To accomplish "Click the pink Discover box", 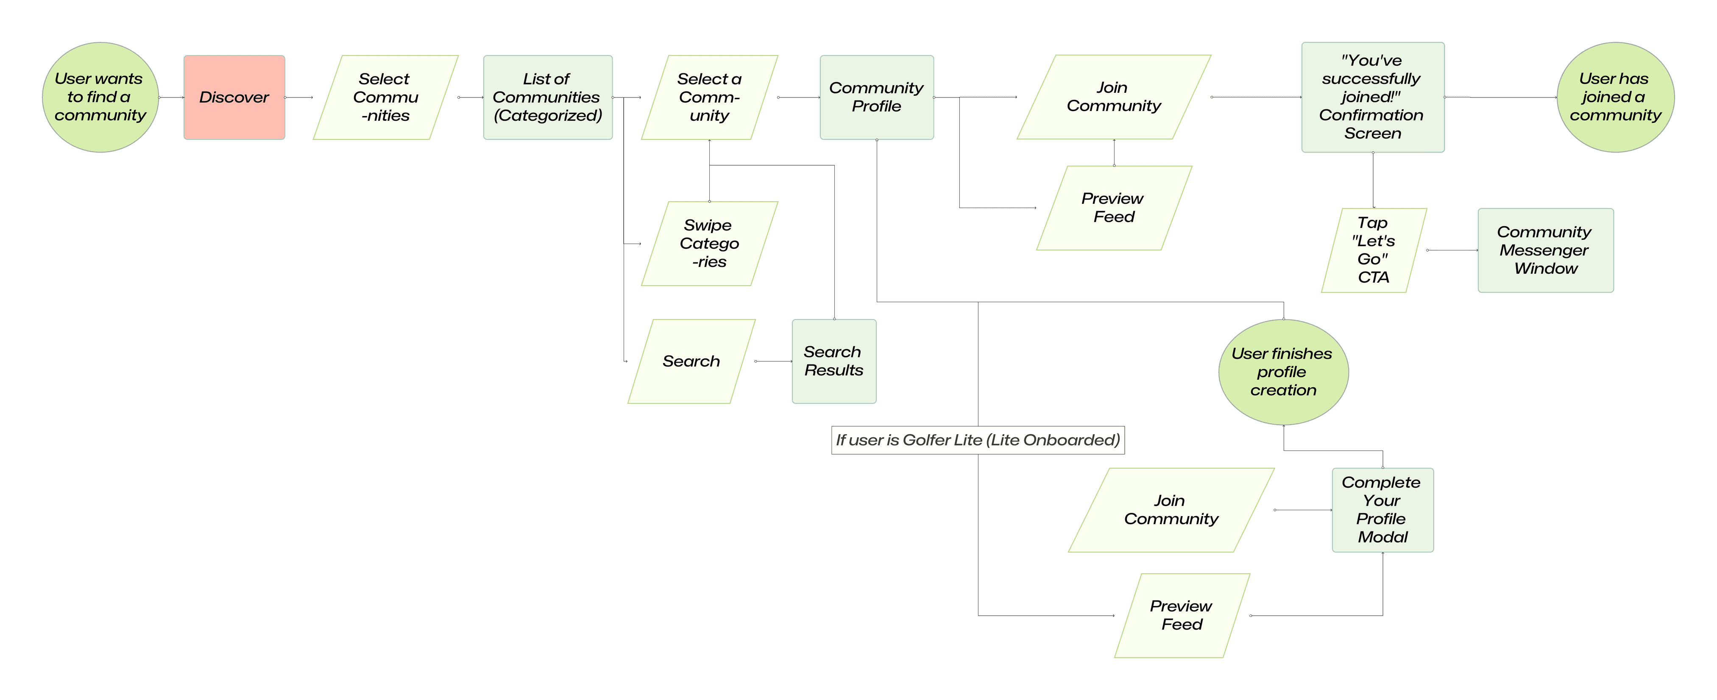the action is click(234, 97).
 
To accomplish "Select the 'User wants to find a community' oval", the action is click(100, 97).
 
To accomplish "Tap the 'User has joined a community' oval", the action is click(1615, 97).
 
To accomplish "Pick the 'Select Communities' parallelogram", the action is click(385, 97).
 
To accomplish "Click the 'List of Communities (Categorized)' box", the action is click(547, 97).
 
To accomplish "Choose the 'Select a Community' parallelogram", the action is click(709, 97).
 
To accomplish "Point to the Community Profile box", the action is click(876, 97).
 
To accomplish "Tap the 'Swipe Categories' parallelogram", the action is click(709, 244).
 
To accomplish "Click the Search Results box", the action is click(834, 361).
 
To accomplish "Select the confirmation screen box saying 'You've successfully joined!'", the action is click(1372, 97).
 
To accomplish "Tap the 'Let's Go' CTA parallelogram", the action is click(1374, 250).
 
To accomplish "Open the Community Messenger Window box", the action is click(1545, 250).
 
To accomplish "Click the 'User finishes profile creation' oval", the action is click(1283, 372).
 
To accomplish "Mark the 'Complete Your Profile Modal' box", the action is click(1383, 510).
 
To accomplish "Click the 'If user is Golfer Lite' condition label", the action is click(978, 440).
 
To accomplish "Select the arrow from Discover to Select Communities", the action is click(299, 97).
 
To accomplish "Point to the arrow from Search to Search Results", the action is click(774, 361).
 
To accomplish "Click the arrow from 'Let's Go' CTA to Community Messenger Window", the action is click(1452, 250).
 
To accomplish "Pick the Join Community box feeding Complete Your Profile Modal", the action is click(1171, 510).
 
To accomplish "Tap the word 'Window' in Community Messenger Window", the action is click(1546, 268).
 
